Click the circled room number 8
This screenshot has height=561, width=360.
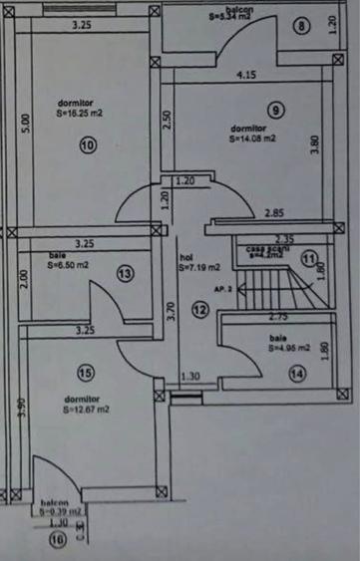click(302, 26)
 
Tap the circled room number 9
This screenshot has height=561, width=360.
click(276, 109)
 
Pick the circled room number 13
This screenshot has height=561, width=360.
click(125, 273)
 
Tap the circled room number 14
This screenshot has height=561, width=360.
click(296, 374)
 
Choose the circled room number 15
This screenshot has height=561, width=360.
click(85, 373)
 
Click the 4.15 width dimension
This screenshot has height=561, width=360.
click(244, 75)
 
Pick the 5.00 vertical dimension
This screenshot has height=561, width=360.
click(26, 130)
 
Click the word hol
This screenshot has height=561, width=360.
click(185, 256)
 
